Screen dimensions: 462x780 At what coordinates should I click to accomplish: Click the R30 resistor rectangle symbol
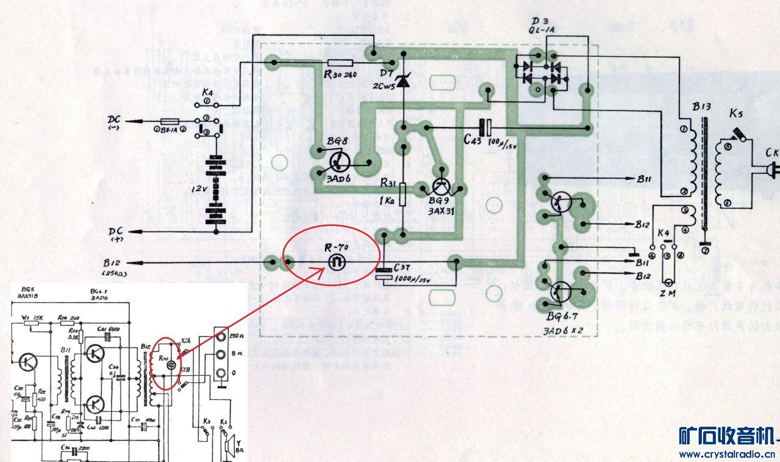340,62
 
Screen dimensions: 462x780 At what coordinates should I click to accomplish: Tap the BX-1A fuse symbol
169,121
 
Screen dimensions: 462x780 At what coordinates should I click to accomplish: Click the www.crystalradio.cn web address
726,454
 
